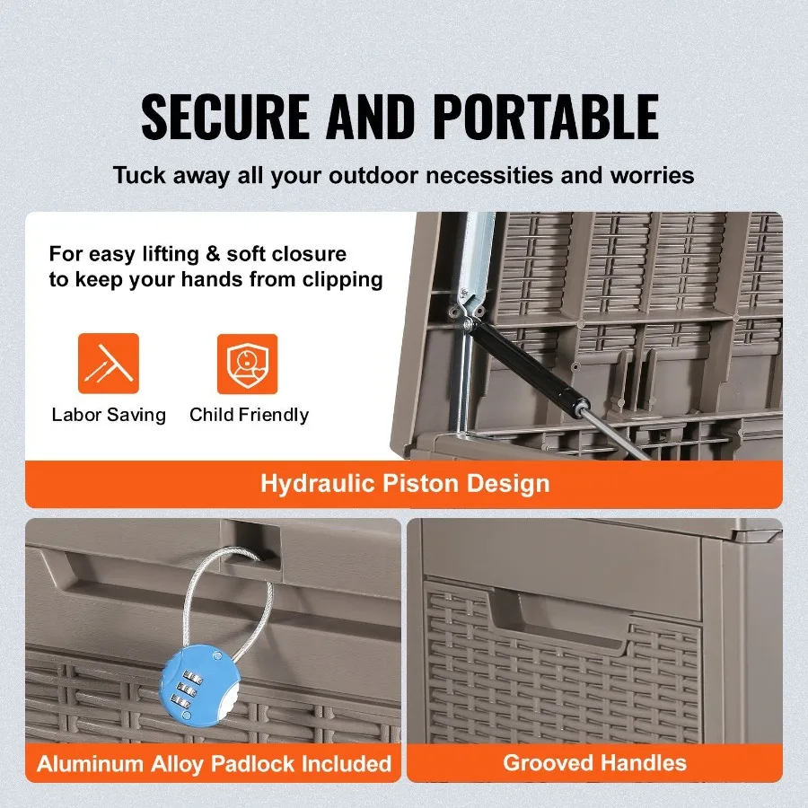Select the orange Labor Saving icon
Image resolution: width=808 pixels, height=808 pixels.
click(x=109, y=364)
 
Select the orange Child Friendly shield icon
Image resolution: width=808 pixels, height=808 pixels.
click(x=247, y=364)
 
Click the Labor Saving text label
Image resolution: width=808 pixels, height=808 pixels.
click(x=109, y=415)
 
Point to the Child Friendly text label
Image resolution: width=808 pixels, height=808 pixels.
click(x=249, y=415)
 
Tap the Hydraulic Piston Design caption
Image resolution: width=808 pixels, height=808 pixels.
click(x=404, y=484)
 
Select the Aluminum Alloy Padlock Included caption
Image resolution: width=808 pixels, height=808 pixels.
click(x=215, y=764)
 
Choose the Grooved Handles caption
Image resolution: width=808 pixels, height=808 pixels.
click(x=594, y=763)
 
